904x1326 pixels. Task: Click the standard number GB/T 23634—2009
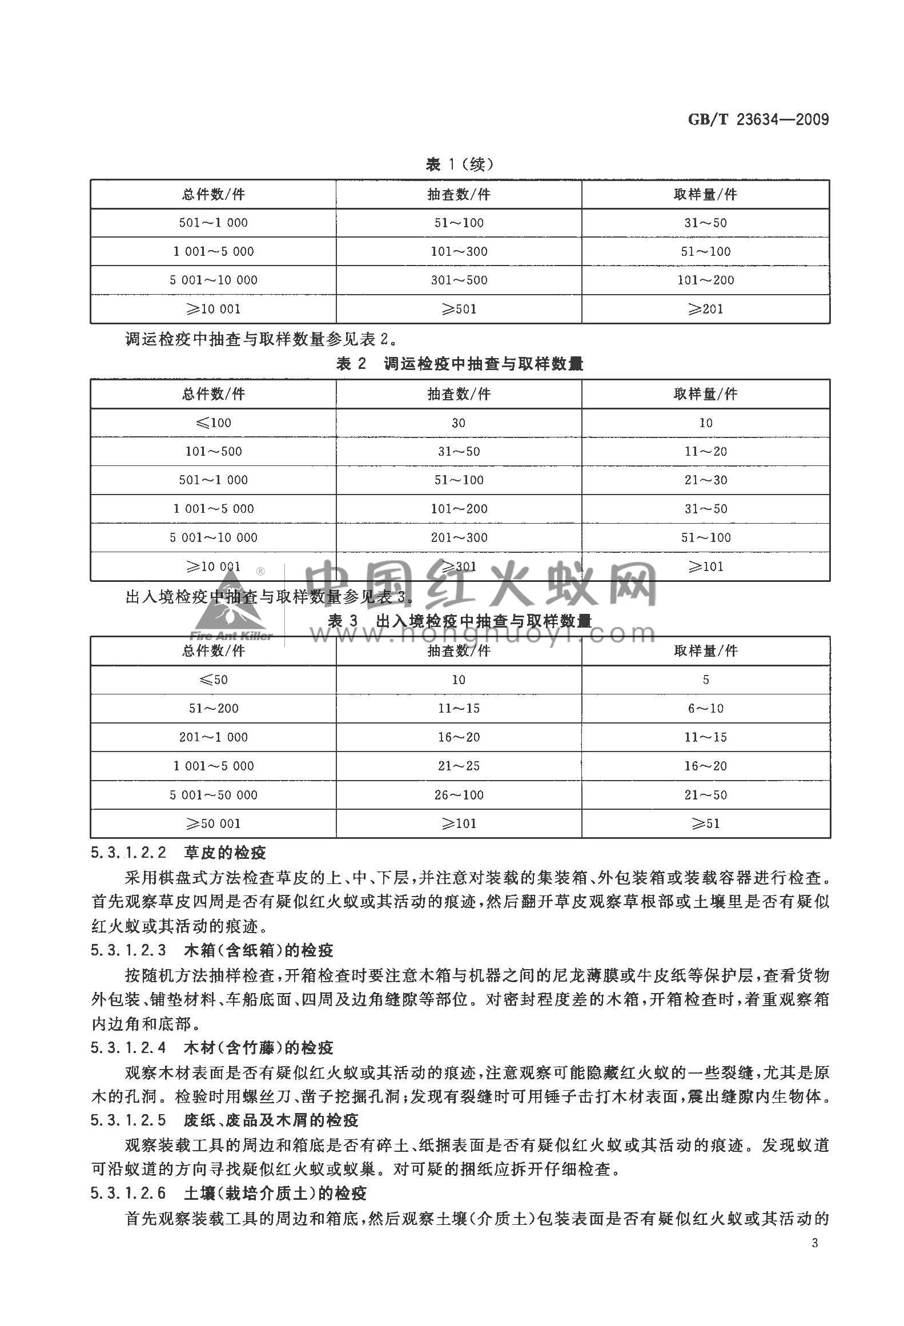[758, 120]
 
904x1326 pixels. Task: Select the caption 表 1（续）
[459, 164]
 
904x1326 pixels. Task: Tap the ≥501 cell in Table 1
[459, 309]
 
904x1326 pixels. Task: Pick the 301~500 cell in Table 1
[459, 280]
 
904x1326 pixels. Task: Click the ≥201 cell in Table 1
[706, 309]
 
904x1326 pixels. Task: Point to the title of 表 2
[459, 364]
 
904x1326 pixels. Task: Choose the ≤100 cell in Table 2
[213, 423]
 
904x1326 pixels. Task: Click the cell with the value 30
[459, 423]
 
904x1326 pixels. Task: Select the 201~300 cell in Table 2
[459, 537]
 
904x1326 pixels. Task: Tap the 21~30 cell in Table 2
[706, 480]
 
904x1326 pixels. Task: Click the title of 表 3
[459, 621]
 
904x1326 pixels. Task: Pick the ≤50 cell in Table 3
[213, 680]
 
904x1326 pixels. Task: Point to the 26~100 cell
[459, 794]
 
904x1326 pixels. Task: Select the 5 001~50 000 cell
[213, 794]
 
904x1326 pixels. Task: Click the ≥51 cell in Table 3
[706, 823]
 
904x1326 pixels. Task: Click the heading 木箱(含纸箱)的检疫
[259, 950]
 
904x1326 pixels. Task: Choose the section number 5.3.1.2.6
[128, 1193]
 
